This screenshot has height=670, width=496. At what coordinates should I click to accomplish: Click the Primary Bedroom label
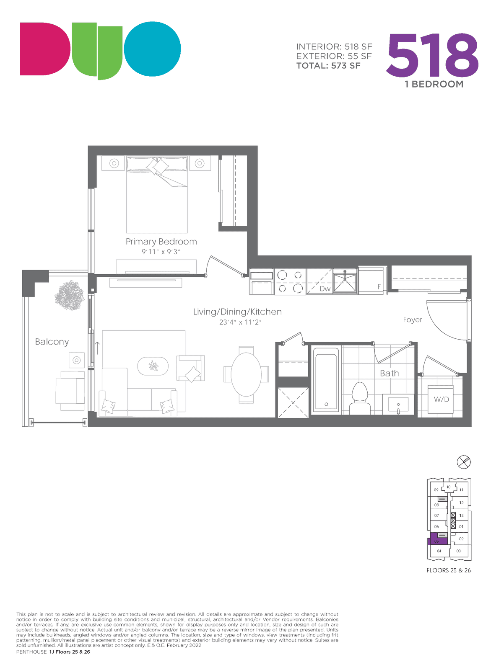pos(161,242)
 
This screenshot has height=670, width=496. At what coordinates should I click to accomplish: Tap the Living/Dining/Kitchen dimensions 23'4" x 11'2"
pos(240,322)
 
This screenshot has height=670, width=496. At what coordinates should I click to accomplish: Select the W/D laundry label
pos(441,399)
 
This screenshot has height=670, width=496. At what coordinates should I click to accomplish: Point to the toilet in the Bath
pos(360,398)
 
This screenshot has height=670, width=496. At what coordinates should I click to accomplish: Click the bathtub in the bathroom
pos(326,380)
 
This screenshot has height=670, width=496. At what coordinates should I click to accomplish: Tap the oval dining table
pos(246,374)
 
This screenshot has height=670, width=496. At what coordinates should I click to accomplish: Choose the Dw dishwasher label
pos(325,289)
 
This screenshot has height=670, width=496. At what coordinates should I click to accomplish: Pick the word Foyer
pos(412,320)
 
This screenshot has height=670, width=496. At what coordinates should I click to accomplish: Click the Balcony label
pos(52,342)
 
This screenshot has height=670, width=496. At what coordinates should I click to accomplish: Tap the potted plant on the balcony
pos(70,296)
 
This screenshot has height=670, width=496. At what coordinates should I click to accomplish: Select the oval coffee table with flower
pos(153,366)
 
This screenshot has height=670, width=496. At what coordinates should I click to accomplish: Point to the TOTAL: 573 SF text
pos(328,66)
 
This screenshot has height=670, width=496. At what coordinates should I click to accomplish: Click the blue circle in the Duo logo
pos(153,49)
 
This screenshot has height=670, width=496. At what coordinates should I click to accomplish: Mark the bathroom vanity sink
pos(398,404)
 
